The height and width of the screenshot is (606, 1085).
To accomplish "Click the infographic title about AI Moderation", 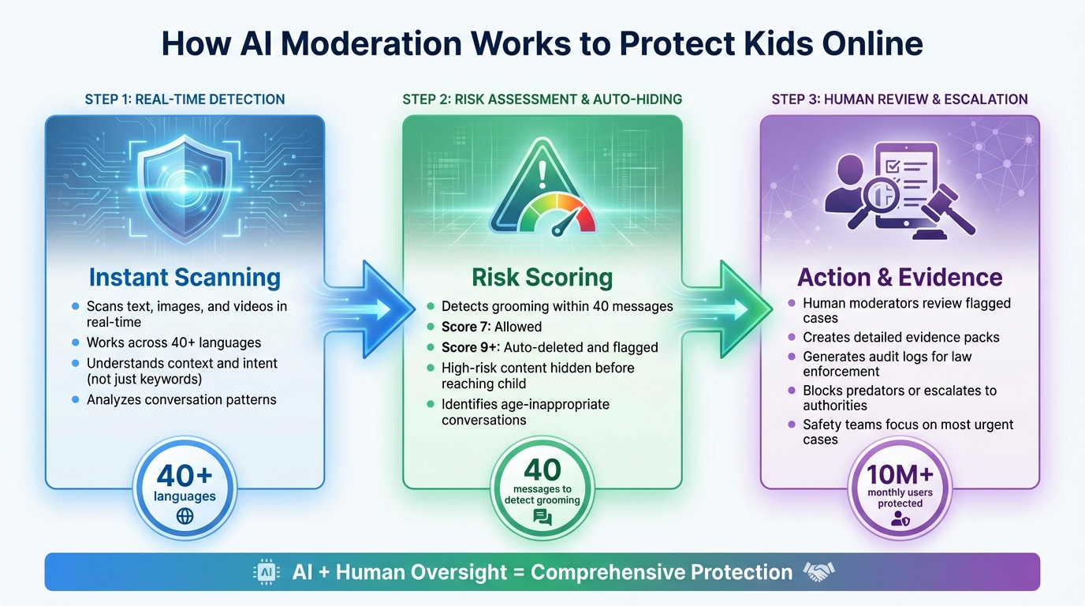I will pyautogui.click(x=542, y=44).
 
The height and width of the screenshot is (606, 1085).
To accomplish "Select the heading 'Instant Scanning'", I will pyautogui.click(x=185, y=278).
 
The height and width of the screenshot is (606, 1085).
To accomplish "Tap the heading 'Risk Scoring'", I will pyautogui.click(x=542, y=278).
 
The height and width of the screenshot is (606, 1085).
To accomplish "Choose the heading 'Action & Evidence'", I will pyautogui.click(x=900, y=278).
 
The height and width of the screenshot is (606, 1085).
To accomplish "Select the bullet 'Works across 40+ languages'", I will pyautogui.click(x=173, y=342).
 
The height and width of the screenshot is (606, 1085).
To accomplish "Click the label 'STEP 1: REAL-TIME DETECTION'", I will pyautogui.click(x=185, y=99).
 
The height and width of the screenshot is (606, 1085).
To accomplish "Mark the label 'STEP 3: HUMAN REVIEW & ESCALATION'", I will pyautogui.click(x=900, y=99).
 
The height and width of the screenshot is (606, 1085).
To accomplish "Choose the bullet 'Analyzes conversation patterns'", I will pyautogui.click(x=181, y=399).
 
